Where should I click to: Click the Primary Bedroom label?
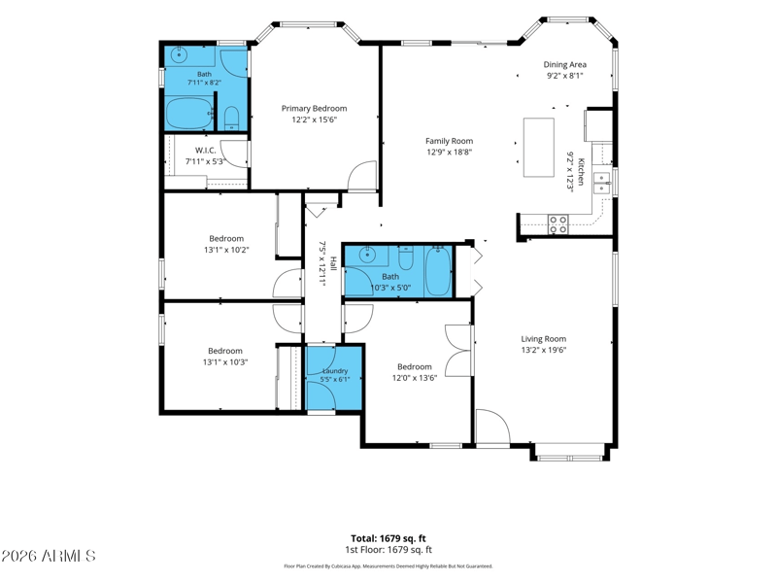pyautogui.click(x=314, y=109)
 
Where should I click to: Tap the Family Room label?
pyautogui.click(x=449, y=141)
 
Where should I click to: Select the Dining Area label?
pyautogui.click(x=565, y=64)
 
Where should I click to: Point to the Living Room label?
pyautogui.click(x=544, y=339)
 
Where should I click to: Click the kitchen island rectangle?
pyautogui.click(x=539, y=148)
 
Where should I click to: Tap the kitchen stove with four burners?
pyautogui.click(x=557, y=224)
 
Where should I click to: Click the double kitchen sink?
pyautogui.click(x=602, y=183)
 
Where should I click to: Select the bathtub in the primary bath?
pyautogui.click(x=187, y=114)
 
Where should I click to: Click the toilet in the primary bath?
pyautogui.click(x=231, y=119)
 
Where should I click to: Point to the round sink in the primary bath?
pyautogui.click(x=178, y=54)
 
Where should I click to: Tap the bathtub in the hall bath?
pyautogui.click(x=438, y=271)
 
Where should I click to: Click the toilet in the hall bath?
pyautogui.click(x=406, y=257)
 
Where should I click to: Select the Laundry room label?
pyautogui.click(x=335, y=371)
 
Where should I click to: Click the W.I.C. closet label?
pyautogui.click(x=205, y=151)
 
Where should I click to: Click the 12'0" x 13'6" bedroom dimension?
pyautogui.click(x=415, y=378)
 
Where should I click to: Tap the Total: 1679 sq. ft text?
pyautogui.click(x=388, y=538)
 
